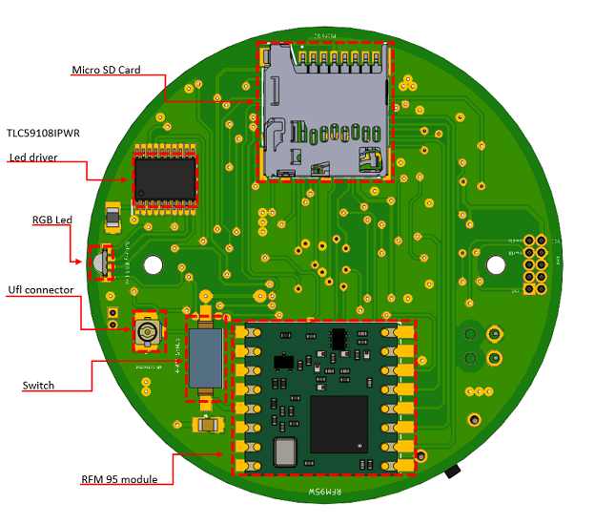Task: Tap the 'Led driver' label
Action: [x=33, y=157]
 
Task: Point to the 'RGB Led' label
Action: [x=51, y=220]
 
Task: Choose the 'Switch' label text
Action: [x=38, y=386]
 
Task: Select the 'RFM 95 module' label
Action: [x=118, y=479]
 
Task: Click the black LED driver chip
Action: [x=165, y=177]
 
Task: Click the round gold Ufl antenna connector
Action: [x=147, y=332]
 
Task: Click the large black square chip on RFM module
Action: [x=338, y=423]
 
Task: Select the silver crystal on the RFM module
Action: [x=284, y=451]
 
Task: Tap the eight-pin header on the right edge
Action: [x=535, y=264]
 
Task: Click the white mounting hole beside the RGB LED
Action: [x=153, y=264]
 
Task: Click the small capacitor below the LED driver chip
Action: [x=113, y=219]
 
